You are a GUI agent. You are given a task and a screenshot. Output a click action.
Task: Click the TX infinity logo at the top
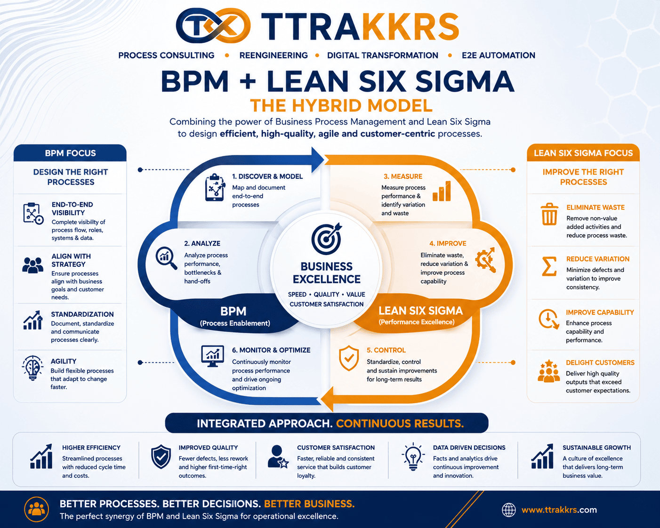pyautogui.click(x=213, y=25)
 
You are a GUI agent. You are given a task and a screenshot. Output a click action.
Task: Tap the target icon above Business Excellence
pyautogui.click(x=326, y=239)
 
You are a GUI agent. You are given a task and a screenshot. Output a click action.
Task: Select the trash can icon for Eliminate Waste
pyautogui.click(x=549, y=214)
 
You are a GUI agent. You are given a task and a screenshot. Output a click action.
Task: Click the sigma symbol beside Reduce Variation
pyautogui.click(x=549, y=266)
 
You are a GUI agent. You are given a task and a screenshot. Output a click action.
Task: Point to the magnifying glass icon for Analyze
pyautogui.click(x=166, y=258)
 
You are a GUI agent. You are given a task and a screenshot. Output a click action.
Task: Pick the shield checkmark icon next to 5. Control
pyautogui.click(x=349, y=358)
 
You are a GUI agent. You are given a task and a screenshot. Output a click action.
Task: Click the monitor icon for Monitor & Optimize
pyautogui.click(x=212, y=356)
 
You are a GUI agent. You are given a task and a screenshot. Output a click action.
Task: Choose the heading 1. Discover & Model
pyautogui.click(x=267, y=176)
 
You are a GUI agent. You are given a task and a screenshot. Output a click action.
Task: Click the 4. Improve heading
pyautogui.click(x=448, y=243)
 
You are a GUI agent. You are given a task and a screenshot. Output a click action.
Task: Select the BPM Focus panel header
pyautogui.click(x=70, y=152)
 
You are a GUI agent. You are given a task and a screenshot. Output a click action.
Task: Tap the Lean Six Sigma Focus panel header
pyautogui.click(x=583, y=152)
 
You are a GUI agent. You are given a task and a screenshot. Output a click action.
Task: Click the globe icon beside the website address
pyautogui.click(x=508, y=510)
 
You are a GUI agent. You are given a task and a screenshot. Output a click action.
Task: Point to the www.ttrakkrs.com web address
pyautogui.click(x=559, y=510)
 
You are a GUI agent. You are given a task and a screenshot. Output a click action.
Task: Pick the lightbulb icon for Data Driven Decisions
pyautogui.click(x=413, y=456)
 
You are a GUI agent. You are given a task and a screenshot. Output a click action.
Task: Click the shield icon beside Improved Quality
pyautogui.click(x=161, y=457)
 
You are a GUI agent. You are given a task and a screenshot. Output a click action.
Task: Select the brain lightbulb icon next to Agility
pyautogui.click(x=32, y=368)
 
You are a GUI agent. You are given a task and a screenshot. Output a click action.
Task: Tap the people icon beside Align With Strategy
pyautogui.click(x=32, y=265)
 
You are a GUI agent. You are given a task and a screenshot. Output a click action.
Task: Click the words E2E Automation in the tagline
pyautogui.click(x=499, y=55)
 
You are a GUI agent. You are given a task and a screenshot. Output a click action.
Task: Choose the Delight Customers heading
pyautogui.click(x=600, y=363)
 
